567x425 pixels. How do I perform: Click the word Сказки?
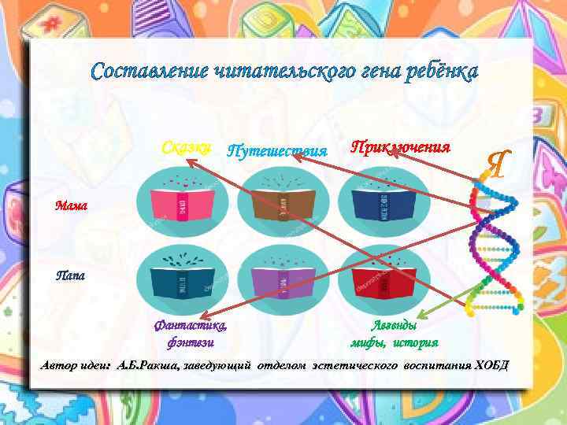[186, 147]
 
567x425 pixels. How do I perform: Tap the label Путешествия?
[276, 150]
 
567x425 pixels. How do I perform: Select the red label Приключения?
[400, 147]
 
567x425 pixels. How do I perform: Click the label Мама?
[72, 207]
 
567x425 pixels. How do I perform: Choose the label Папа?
[69, 276]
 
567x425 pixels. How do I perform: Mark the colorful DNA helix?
[492, 244]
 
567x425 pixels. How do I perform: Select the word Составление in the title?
[150, 72]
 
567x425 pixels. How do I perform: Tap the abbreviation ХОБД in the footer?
[491, 365]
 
